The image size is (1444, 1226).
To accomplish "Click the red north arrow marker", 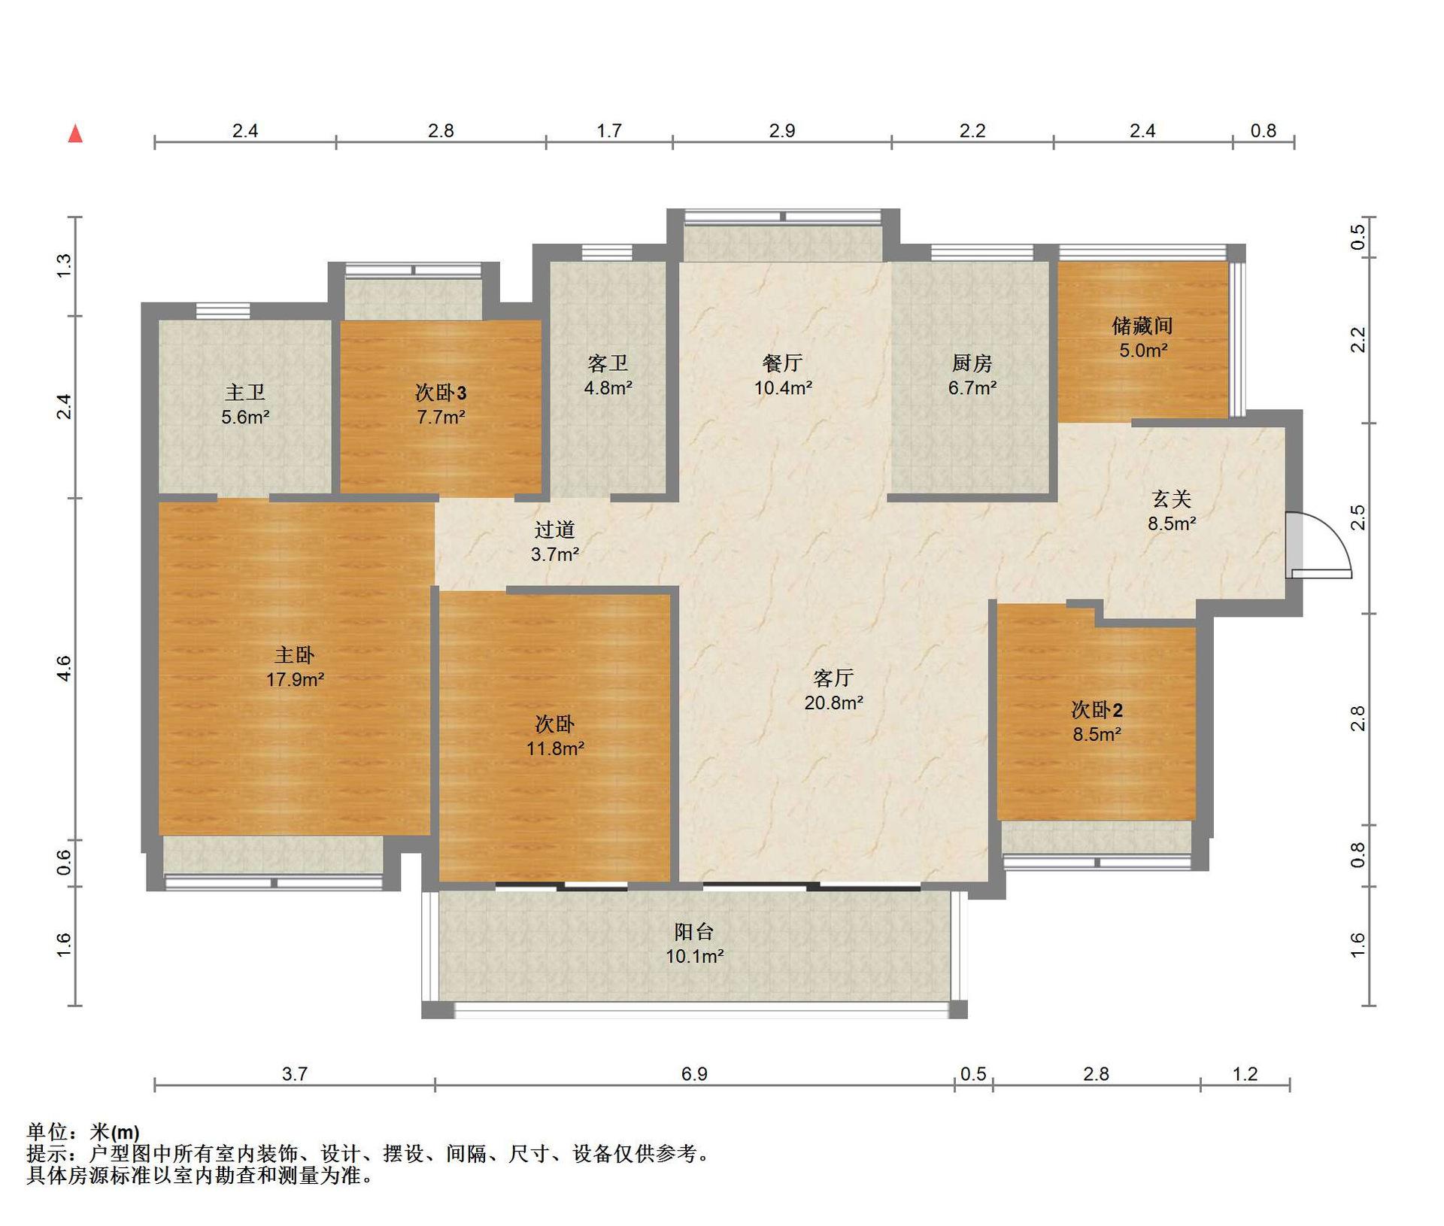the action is click(75, 134).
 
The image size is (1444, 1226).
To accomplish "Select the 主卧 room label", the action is click(295, 655).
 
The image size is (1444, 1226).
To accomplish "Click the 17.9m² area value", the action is click(295, 680).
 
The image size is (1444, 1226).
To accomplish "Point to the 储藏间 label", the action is click(1142, 326).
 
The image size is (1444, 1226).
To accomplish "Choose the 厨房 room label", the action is click(972, 363).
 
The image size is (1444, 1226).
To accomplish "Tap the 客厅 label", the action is click(833, 678).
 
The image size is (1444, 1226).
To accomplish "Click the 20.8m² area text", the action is click(833, 703).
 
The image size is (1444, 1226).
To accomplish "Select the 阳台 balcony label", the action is click(694, 932).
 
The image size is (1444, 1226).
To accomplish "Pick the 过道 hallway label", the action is click(555, 530).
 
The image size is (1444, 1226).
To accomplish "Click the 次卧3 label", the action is click(441, 393).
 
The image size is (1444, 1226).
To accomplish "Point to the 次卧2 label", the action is click(1097, 709).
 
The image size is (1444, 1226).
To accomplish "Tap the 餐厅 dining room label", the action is click(783, 363).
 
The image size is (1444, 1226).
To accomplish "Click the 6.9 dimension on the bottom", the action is click(694, 1073).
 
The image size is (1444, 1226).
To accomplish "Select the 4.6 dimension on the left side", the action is click(65, 668).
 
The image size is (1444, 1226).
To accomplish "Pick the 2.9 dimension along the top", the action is click(782, 131).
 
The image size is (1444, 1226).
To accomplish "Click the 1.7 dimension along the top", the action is click(609, 131).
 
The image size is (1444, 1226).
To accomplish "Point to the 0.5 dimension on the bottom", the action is click(973, 1073).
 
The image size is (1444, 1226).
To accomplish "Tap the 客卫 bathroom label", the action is click(608, 363).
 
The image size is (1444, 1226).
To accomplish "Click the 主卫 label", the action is click(245, 393).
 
